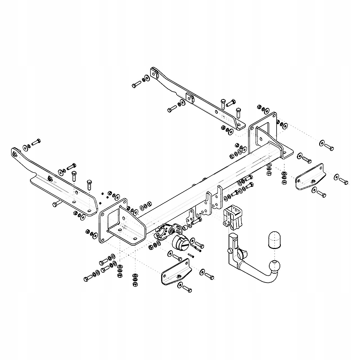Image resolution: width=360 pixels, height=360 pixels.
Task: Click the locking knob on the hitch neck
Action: click(x=230, y=250)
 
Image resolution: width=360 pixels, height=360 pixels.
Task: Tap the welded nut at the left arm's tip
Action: click(x=15, y=154)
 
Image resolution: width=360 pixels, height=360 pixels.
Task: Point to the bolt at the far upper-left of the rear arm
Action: click(x=136, y=85)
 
